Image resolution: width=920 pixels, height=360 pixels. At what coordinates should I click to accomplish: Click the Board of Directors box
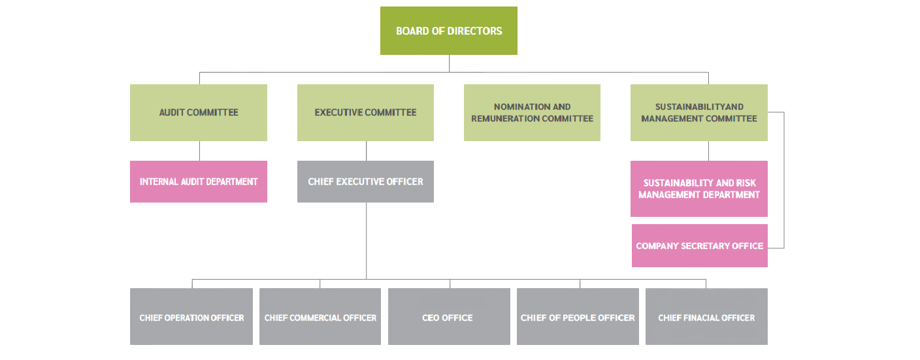449,31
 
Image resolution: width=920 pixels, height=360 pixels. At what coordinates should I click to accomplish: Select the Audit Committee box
199,112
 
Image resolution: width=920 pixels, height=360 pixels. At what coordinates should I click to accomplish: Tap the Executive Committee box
365,112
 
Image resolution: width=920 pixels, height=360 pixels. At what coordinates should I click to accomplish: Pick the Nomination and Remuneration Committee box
532,112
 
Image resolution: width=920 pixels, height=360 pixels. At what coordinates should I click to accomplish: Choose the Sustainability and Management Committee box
698,112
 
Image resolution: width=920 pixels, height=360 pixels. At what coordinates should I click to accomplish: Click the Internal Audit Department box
199,182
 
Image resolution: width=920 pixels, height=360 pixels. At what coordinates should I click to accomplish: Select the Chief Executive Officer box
365,182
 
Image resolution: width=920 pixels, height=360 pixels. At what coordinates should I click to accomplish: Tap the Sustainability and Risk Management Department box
698,189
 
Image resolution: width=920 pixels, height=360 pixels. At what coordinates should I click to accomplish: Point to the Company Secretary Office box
699,246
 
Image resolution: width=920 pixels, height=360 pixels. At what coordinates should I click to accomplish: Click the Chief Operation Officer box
191,318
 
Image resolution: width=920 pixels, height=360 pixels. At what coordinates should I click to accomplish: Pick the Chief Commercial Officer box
320,318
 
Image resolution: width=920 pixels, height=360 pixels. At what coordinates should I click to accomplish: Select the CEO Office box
449,318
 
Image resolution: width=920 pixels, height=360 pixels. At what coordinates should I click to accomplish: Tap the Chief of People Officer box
578,318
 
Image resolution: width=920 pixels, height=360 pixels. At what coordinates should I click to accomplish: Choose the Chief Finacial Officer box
706,318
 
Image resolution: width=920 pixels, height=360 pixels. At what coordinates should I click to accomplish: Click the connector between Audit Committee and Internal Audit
199,151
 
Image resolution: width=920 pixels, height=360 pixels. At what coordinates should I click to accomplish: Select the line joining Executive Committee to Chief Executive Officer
366,151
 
